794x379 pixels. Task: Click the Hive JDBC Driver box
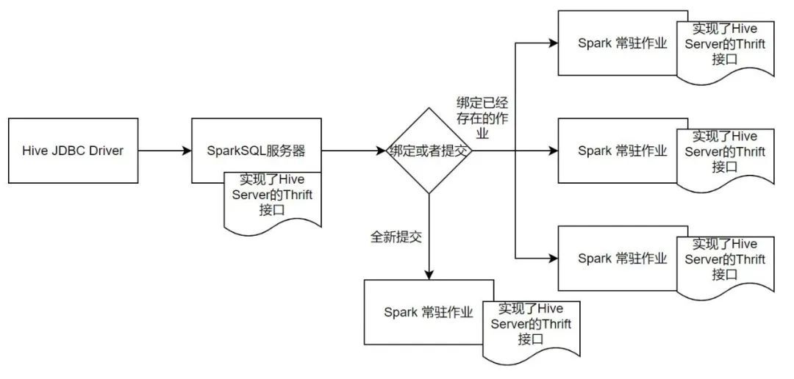click(x=74, y=151)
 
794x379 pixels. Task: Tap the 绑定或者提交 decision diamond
click(x=429, y=151)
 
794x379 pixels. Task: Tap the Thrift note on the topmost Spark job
click(x=724, y=46)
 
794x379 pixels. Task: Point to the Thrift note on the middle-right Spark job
click(x=724, y=152)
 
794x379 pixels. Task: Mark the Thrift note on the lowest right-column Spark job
click(x=724, y=260)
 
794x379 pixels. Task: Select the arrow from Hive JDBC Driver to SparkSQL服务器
click(x=165, y=151)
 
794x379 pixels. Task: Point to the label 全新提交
click(x=396, y=238)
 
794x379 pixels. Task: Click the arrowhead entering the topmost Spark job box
click(x=553, y=43)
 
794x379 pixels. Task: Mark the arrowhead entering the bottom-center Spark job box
click(x=429, y=274)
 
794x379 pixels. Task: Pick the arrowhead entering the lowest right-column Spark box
click(x=553, y=258)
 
